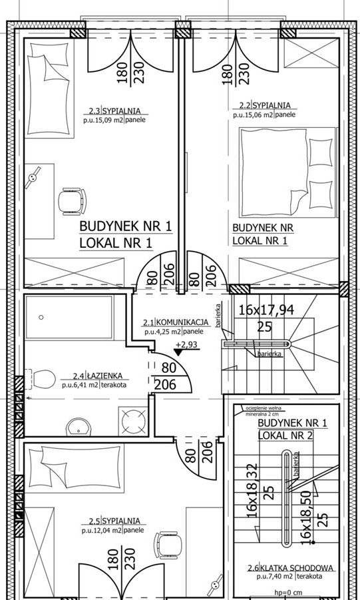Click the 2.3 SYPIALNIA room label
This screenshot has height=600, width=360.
click(114, 111)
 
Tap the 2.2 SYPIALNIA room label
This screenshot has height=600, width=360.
click(265, 105)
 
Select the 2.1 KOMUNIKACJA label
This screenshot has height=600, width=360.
click(176, 322)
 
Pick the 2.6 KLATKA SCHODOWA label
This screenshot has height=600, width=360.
click(290, 568)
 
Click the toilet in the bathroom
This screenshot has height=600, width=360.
click(41, 378)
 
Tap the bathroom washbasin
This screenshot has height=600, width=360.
click(79, 427)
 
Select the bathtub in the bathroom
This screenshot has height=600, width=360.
click(69, 317)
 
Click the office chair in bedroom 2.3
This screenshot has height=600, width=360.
click(72, 201)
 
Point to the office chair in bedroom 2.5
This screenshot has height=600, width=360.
click(168, 545)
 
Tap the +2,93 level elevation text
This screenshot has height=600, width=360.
click(186, 344)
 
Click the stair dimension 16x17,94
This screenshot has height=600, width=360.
click(266, 310)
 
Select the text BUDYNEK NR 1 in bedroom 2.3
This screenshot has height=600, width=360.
click(126, 226)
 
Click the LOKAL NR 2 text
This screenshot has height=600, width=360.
click(285, 435)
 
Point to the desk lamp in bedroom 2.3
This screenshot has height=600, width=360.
click(32, 177)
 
